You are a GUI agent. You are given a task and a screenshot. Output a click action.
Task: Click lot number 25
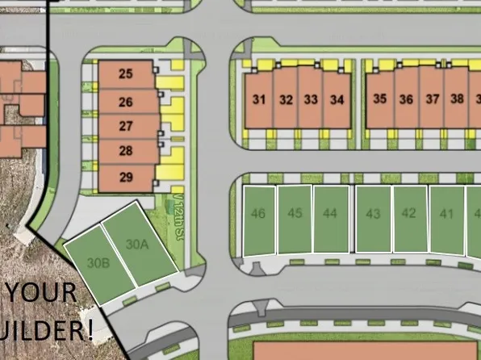[125, 74]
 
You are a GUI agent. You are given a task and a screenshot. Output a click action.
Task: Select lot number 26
[125, 102]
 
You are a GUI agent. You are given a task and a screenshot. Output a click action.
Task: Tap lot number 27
[125, 127]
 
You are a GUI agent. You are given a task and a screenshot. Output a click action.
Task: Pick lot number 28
[125, 152]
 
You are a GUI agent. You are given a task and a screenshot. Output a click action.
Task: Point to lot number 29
[125, 178]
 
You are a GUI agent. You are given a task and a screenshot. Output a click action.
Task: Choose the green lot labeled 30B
[98, 262]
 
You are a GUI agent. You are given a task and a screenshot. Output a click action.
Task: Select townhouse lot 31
[259, 100]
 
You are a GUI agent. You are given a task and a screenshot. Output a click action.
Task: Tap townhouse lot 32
[286, 100]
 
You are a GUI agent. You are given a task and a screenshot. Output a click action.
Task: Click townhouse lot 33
[312, 100]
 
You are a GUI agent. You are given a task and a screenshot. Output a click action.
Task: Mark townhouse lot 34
[337, 100]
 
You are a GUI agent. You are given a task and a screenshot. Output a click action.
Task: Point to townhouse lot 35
[380, 100]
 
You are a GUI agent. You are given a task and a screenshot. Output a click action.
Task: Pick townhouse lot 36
[406, 100]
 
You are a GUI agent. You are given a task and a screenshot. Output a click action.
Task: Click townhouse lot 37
[433, 100]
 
